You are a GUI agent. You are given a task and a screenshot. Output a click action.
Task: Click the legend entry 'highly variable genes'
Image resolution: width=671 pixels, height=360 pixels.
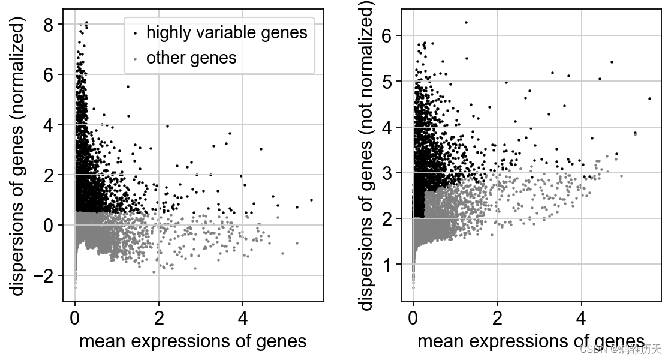227,32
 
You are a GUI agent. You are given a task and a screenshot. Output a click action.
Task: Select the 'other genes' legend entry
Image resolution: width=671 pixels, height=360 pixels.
191,58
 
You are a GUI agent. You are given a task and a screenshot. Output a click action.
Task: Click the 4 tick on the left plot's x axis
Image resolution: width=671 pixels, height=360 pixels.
243,316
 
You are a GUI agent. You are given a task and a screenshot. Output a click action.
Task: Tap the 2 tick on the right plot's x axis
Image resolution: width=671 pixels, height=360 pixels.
497,316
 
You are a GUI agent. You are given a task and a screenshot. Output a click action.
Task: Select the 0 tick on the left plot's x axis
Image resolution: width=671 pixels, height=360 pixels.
74,316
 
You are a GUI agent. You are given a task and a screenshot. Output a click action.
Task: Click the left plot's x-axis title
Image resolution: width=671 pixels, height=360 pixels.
192,341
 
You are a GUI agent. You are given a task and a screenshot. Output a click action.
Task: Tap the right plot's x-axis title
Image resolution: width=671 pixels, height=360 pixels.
531,341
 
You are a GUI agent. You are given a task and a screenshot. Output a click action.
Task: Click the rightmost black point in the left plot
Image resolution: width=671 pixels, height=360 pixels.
312,199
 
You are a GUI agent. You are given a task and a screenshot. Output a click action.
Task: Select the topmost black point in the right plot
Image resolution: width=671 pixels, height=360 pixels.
466,22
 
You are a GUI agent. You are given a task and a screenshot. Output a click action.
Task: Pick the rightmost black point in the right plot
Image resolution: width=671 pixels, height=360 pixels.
650,98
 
